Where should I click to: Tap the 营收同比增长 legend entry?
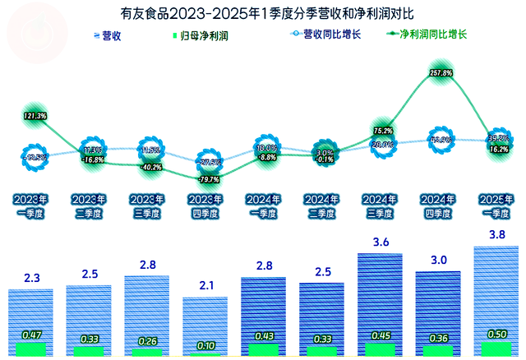coord(328,35)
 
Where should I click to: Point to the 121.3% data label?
coord(35,116)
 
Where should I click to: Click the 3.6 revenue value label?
coord(381,242)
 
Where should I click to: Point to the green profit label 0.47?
coord(31,335)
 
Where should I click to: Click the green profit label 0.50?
coord(497,334)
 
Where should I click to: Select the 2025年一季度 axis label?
coord(497,205)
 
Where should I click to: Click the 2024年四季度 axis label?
coord(439,205)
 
